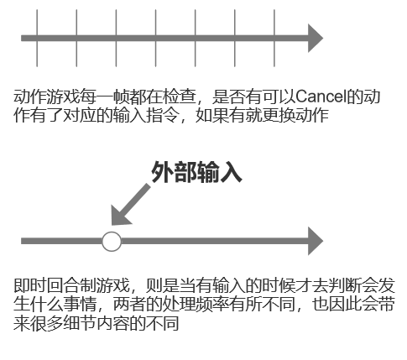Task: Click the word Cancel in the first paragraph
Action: [321, 97]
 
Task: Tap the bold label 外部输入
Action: [196, 172]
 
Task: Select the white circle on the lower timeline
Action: [112, 242]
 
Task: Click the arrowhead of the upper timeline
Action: [316, 38]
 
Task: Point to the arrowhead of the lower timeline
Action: [316, 241]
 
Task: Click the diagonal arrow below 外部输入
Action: [130, 205]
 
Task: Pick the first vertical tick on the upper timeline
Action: [37, 38]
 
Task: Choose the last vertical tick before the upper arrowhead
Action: [274, 38]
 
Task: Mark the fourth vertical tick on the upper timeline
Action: [156, 38]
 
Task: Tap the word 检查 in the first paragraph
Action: [180, 97]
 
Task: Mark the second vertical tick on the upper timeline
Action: [76, 38]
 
